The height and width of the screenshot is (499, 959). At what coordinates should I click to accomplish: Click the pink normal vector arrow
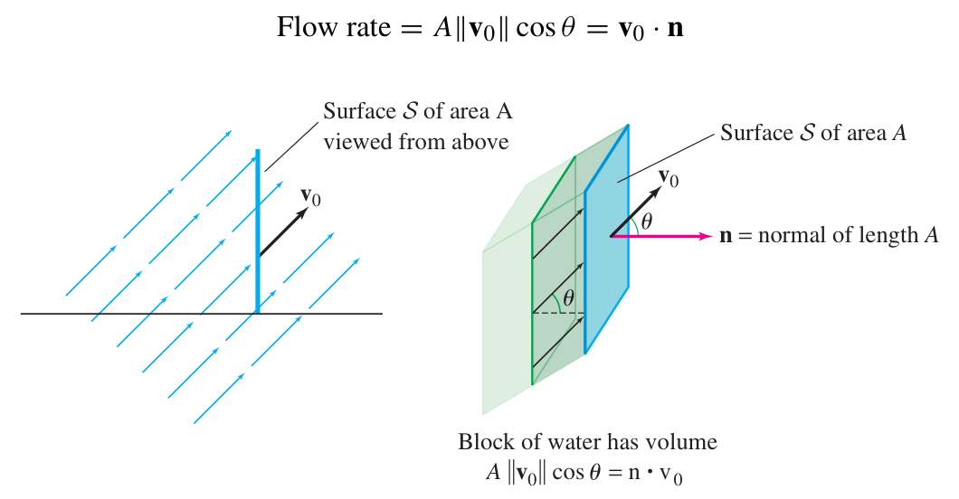click(660, 237)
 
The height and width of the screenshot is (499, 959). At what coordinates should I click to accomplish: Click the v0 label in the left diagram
click(310, 196)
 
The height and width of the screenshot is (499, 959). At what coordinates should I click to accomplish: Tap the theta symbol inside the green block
click(568, 297)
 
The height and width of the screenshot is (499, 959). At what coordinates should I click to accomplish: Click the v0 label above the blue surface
click(669, 176)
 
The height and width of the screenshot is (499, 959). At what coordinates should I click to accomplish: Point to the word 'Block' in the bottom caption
click(482, 443)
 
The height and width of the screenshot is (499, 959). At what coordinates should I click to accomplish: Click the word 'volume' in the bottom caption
click(685, 443)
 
